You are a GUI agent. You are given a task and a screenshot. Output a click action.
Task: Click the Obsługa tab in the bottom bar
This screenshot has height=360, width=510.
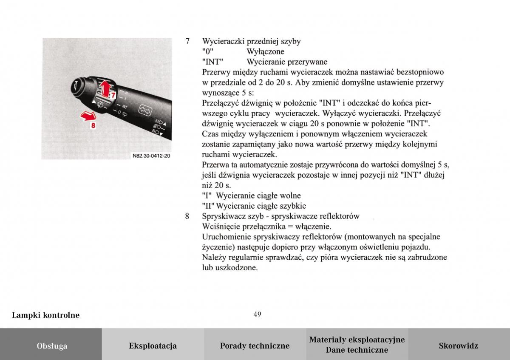tap(51, 346)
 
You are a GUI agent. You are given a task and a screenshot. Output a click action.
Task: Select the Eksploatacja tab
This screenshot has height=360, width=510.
tap(153, 346)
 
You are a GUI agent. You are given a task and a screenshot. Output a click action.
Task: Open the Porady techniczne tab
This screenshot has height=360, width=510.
tap(255, 346)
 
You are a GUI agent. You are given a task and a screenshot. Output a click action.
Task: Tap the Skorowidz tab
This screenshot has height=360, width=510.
tap(458, 346)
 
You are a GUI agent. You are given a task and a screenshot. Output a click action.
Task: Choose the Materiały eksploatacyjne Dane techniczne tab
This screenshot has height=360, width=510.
tap(357, 345)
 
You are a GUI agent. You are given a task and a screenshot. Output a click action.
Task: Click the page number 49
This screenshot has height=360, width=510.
tap(257, 315)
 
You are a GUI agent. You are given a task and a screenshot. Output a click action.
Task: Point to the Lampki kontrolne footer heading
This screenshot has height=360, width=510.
tap(45, 315)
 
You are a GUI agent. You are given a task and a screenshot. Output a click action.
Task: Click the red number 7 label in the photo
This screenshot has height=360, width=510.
tap(112, 96)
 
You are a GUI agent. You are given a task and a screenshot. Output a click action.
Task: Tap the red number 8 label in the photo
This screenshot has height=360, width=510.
tap(93, 125)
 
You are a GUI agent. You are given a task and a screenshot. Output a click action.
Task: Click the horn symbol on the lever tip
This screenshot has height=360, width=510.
tap(75, 84)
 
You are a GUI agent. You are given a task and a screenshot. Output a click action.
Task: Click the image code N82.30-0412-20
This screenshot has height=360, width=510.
tap(151, 156)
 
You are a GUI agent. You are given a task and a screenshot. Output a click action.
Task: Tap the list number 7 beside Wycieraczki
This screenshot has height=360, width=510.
tap(187, 42)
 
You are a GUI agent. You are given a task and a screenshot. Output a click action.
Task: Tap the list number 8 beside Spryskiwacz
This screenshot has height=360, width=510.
tap(187, 216)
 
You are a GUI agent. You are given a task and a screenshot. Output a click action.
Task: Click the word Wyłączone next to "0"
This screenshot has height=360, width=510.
tap(265, 52)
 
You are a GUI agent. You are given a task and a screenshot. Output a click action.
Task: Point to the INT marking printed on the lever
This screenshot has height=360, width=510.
tap(125, 106)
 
